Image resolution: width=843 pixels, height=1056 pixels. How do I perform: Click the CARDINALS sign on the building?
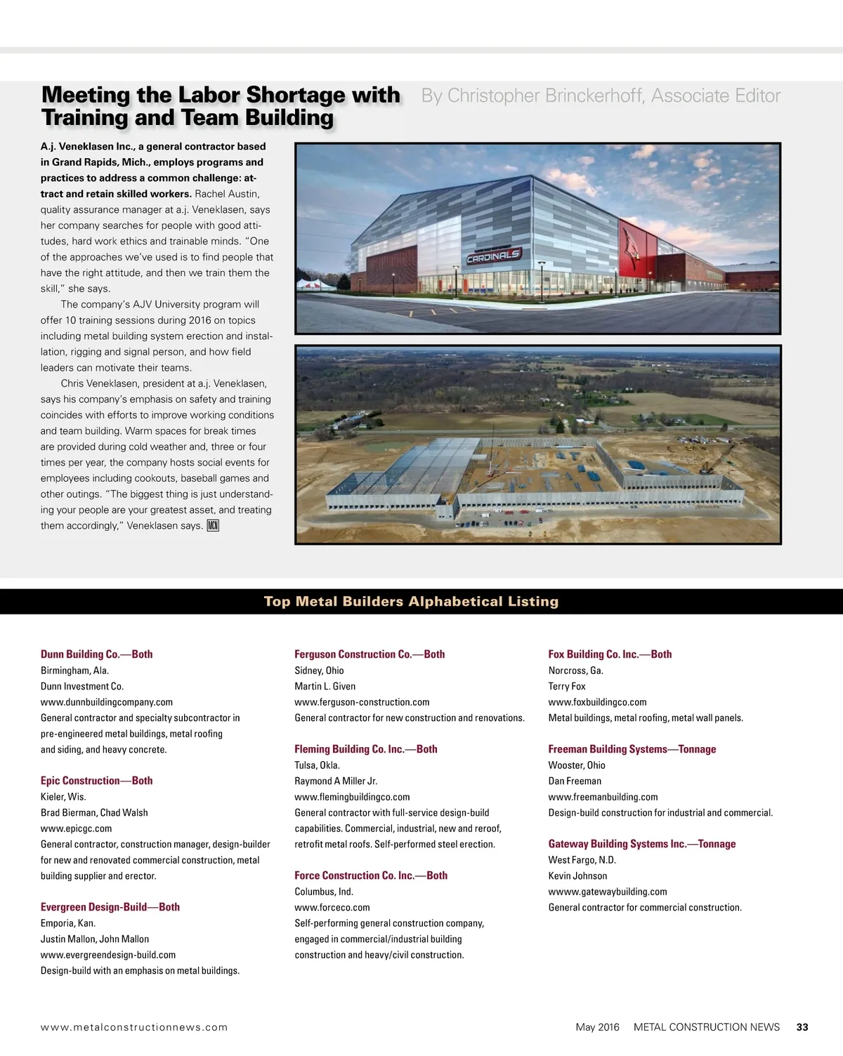click(x=494, y=256)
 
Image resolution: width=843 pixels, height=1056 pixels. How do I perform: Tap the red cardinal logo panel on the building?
click(x=636, y=248)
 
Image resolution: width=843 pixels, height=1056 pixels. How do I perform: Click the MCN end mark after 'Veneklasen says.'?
click(x=213, y=525)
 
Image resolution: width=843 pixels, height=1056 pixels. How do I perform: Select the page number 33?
click(x=802, y=1027)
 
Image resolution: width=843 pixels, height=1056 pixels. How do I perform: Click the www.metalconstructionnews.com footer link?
click(x=134, y=1027)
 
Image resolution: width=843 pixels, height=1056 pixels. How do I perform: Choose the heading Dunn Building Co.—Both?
click(x=96, y=654)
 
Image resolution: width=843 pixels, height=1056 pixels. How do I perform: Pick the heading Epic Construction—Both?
click(x=96, y=780)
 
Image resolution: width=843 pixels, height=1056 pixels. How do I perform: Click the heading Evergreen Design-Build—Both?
click(x=110, y=906)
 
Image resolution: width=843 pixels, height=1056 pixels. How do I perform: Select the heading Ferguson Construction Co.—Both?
click(x=370, y=654)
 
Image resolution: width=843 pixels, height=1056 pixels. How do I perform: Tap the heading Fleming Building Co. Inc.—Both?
click(x=365, y=748)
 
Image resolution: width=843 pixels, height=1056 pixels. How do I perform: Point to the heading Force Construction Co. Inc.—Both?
click(x=371, y=875)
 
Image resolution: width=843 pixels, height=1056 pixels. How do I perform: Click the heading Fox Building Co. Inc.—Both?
click(x=610, y=654)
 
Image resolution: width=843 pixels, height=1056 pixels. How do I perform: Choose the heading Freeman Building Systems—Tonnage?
click(x=632, y=748)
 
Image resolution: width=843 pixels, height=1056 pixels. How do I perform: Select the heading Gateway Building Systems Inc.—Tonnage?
click(x=642, y=843)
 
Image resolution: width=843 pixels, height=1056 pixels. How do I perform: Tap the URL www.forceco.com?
click(x=332, y=907)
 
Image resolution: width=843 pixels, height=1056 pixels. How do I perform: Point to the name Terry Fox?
click(x=567, y=686)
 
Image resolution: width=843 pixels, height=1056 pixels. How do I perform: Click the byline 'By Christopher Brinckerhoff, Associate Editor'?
click(x=601, y=95)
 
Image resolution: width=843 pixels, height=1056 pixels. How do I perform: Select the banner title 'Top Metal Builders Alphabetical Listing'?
click(x=411, y=601)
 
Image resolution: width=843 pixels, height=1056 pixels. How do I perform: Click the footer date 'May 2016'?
click(x=597, y=1027)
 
